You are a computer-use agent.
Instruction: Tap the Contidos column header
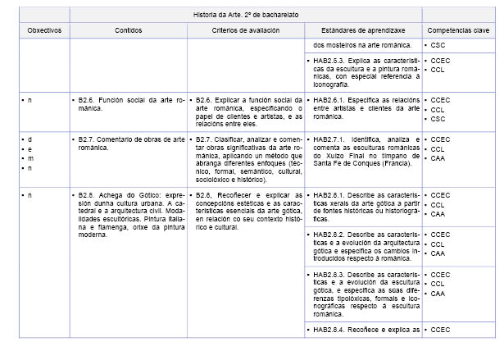(128, 30)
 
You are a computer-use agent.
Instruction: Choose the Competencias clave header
(457, 30)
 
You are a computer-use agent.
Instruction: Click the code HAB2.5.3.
(332, 61)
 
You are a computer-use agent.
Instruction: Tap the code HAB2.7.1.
(332, 140)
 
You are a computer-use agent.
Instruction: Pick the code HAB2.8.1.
(332, 195)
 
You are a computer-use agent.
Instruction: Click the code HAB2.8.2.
(332, 235)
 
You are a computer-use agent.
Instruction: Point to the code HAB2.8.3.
(332, 275)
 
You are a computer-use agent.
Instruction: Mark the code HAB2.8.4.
(332, 330)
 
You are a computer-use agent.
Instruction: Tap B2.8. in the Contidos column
(88, 195)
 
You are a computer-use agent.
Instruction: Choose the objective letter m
(31, 157)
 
